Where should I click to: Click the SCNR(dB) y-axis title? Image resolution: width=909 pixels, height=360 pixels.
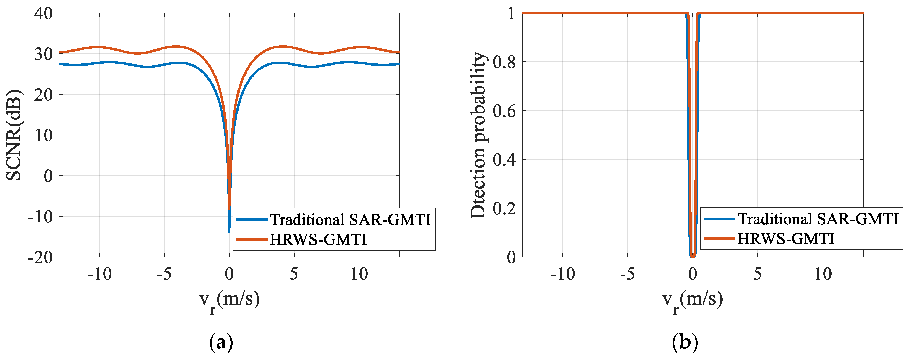pyautogui.click(x=15, y=135)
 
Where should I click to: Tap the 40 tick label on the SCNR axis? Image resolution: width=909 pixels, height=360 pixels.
pyautogui.click(x=44, y=14)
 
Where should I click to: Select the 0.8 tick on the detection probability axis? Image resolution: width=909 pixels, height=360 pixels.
pyautogui.click(x=504, y=62)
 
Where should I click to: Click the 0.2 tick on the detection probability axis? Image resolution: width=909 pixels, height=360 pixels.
pyautogui.click(x=504, y=208)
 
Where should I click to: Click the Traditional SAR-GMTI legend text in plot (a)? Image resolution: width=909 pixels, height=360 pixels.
pyautogui.click(x=350, y=220)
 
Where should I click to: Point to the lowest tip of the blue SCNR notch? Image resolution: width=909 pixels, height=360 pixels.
pyautogui.click(x=229, y=231)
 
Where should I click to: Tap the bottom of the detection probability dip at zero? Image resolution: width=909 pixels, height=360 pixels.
pyautogui.click(x=693, y=256)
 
